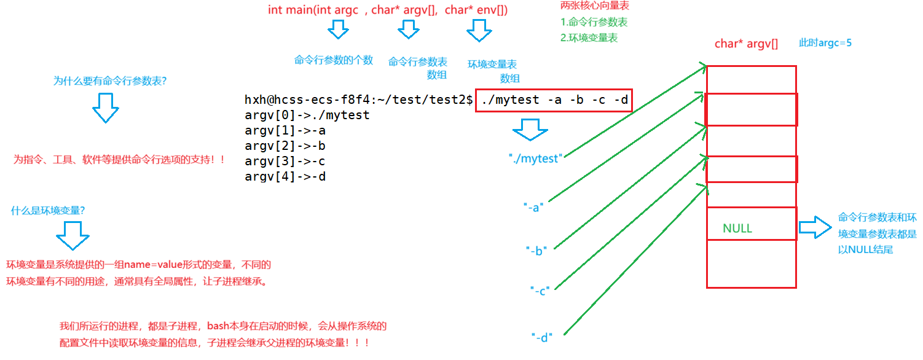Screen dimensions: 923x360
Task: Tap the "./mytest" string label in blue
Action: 536,158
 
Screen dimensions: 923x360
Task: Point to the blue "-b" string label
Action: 536,250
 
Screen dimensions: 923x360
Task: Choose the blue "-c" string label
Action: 540,291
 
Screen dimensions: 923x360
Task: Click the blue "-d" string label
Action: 542,337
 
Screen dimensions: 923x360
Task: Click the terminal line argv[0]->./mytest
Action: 307,115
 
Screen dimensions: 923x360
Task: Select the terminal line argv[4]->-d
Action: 285,177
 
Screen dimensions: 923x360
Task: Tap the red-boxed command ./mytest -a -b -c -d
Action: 554,100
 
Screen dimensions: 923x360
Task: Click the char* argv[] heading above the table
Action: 746,44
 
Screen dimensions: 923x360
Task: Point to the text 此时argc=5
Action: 825,43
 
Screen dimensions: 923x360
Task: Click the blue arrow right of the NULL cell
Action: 815,227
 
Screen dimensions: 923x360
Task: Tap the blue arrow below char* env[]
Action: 479,29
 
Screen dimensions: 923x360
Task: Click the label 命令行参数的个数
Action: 334,60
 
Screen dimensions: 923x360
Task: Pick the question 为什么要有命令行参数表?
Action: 111,80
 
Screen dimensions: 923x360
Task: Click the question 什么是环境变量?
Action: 48,210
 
